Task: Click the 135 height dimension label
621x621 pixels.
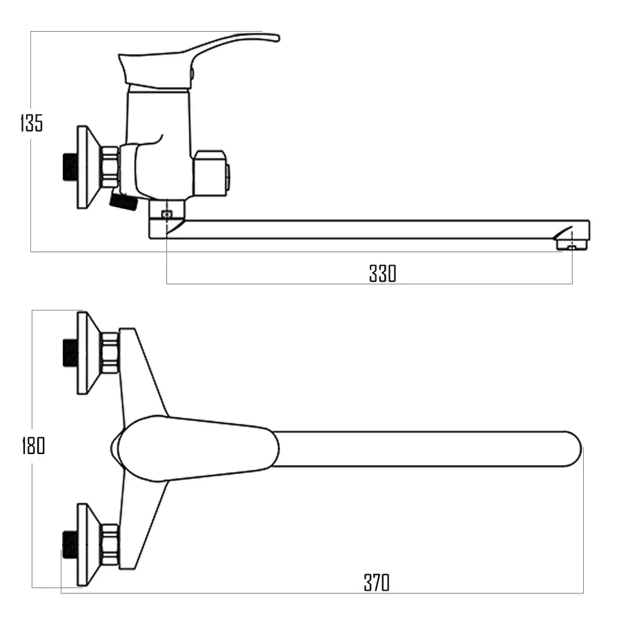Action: click(31, 123)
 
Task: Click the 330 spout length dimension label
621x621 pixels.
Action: click(382, 273)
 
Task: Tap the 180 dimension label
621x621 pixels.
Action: click(33, 446)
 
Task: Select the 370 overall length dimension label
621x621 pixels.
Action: click(376, 582)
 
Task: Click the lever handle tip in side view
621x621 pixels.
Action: click(277, 38)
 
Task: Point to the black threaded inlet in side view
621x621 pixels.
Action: click(70, 167)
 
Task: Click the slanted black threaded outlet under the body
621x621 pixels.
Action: click(124, 201)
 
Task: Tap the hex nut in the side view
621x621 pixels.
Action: click(110, 167)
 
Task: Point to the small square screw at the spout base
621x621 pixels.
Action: click(167, 215)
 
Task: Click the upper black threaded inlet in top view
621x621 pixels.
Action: click(70, 353)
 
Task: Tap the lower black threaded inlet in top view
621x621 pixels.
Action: click(70, 544)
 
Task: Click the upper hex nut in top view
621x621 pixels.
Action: click(110, 353)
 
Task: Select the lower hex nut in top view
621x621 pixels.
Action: click(110, 545)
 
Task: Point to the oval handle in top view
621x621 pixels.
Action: click(195, 448)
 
